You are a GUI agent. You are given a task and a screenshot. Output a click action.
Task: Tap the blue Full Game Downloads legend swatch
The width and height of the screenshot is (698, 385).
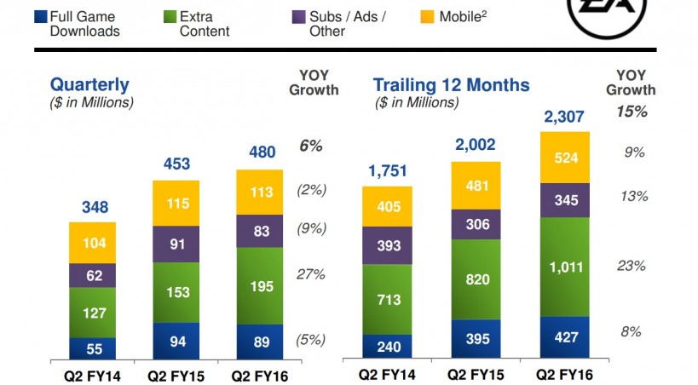[39, 15]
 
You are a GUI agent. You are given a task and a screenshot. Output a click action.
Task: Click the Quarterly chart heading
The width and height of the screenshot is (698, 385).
[89, 84]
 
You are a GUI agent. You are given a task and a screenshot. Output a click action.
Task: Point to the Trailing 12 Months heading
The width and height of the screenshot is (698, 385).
[451, 85]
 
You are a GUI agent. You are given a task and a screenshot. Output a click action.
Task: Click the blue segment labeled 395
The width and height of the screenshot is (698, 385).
[477, 340]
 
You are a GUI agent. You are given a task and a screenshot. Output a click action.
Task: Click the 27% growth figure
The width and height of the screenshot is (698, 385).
[310, 274]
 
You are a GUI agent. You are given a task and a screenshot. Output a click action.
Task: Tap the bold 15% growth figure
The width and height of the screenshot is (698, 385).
[631, 112]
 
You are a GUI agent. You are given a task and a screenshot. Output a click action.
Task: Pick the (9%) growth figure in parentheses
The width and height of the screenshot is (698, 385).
[310, 228]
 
